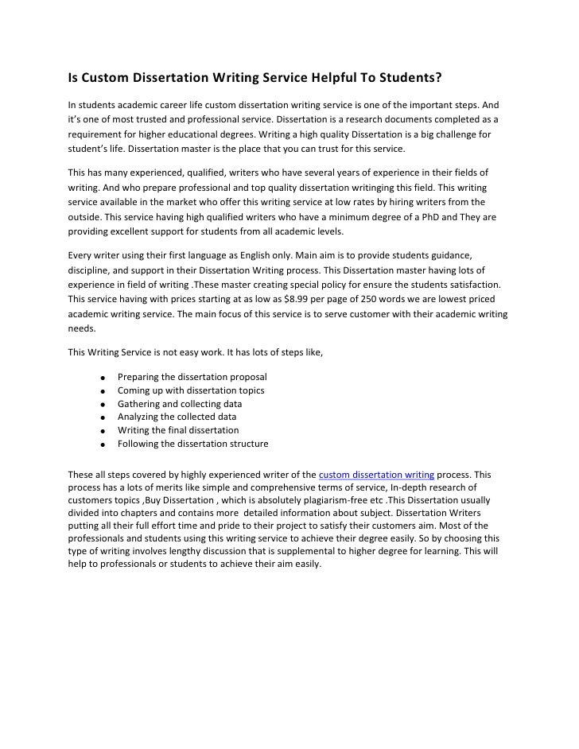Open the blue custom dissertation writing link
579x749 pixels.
[x=376, y=474]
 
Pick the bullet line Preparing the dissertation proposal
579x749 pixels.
[x=192, y=376]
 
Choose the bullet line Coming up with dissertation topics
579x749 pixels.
[x=191, y=390]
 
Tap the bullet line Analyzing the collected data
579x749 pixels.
[x=177, y=417]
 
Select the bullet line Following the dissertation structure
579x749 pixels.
[x=192, y=444]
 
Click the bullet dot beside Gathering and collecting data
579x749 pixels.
[x=103, y=405]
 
